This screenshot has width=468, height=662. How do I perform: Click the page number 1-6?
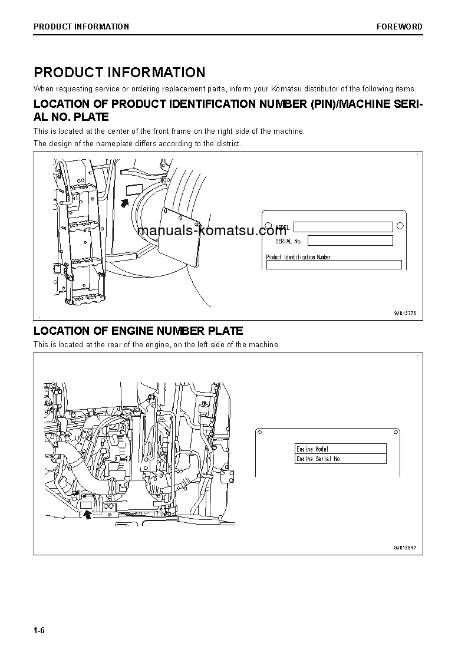(39, 631)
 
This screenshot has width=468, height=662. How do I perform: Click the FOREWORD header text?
(400, 27)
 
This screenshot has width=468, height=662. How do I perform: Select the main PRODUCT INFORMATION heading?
(120, 73)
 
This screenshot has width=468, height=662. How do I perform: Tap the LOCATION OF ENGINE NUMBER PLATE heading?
(138, 331)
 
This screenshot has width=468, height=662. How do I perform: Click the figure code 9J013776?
(405, 314)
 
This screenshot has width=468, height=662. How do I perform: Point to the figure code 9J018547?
(405, 548)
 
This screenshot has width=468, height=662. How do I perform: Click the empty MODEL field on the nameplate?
(343, 227)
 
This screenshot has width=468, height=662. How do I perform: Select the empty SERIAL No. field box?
(350, 241)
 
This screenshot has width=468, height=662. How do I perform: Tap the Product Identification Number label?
(298, 257)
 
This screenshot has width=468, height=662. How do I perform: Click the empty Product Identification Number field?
(334, 265)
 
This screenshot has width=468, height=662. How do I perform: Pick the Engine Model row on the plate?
(340, 449)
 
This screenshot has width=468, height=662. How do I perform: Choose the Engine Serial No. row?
(340, 459)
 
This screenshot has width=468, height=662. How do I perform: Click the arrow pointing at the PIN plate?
(124, 203)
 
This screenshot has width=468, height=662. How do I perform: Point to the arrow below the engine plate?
(88, 515)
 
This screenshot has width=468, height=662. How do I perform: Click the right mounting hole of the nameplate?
(400, 226)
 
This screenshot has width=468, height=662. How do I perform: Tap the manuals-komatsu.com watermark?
(212, 230)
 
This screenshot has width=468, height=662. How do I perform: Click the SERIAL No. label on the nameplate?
(288, 241)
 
